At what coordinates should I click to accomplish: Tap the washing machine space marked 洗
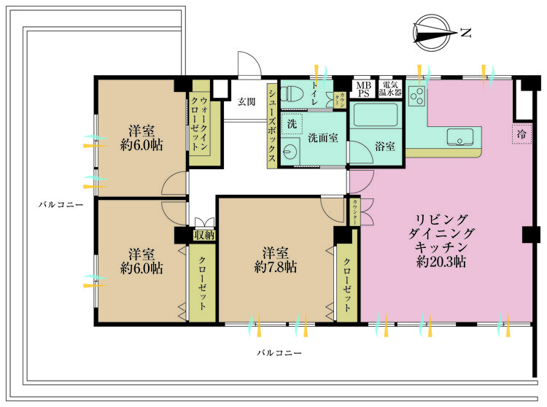292,124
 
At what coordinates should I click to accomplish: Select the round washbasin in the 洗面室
291,152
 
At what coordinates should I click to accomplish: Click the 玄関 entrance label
245,101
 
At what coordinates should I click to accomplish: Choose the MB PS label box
362,88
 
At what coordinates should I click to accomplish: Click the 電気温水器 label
392,88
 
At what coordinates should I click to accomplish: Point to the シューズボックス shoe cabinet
271,125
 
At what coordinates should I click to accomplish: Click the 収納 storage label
203,235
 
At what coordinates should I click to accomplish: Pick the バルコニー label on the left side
61,205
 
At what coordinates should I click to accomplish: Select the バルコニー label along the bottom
279,352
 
